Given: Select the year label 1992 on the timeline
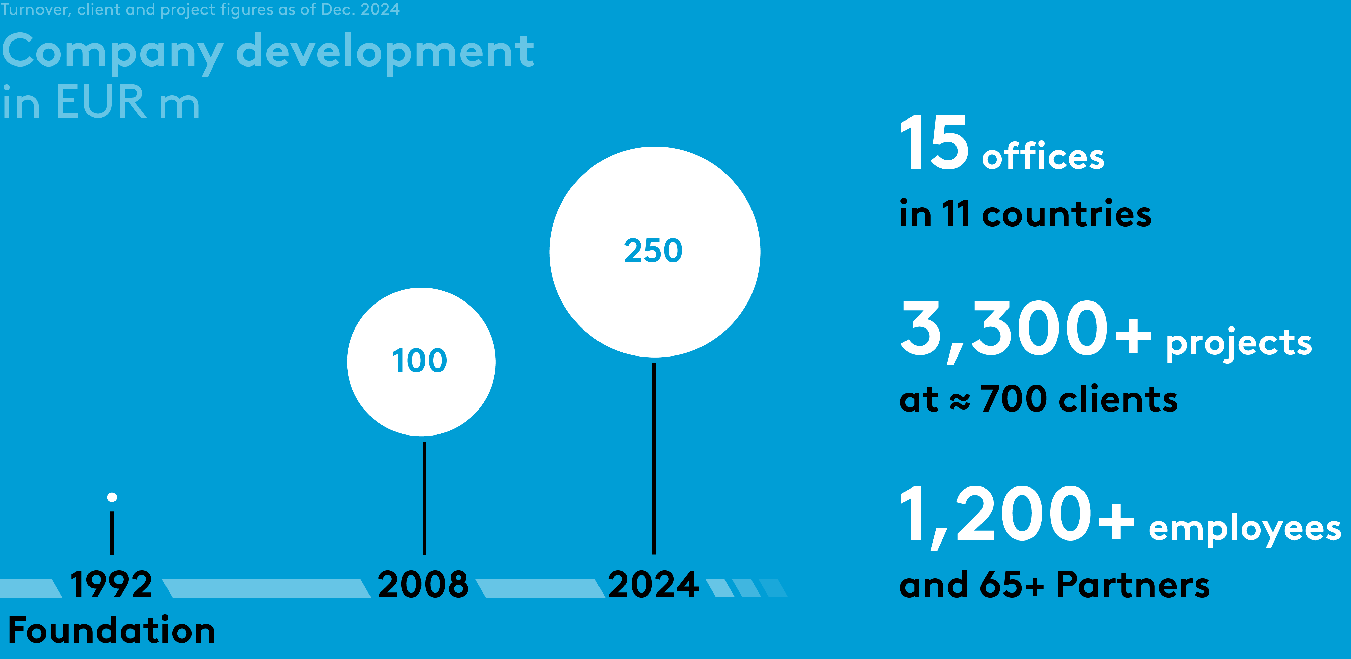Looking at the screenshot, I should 111,584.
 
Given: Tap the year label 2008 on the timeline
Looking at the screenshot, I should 423,584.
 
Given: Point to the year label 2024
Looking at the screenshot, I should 653,584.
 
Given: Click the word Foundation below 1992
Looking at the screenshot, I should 112,630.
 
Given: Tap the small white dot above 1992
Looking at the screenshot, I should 112,497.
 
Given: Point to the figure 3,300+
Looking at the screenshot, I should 1025,330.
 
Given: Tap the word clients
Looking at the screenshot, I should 1118,399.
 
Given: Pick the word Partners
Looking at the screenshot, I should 1133,584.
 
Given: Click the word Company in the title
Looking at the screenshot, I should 113,52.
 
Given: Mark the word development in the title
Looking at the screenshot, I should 385,52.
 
